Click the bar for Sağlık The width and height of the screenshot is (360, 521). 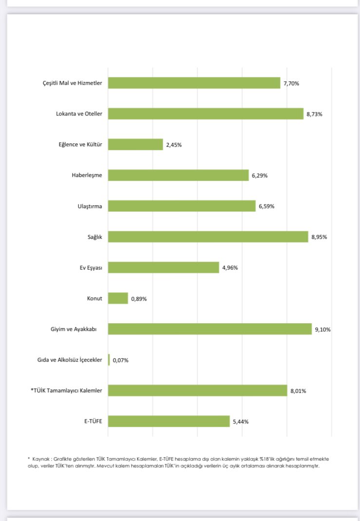coord(208,237)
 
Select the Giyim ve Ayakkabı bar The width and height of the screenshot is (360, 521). coord(209,329)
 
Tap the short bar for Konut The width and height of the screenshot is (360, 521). coord(118,298)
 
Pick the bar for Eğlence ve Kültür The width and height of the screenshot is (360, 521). coord(135,144)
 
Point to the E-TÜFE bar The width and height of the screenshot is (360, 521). coord(169,421)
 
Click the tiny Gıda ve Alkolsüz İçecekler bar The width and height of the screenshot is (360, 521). coord(109,360)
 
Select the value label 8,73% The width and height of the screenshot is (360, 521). coord(315,114)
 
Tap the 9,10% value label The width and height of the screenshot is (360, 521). coord(322,329)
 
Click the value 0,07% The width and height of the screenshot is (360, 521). coord(120,360)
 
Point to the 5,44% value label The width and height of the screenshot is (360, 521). coord(241,422)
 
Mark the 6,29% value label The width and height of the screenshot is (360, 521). coord(260,175)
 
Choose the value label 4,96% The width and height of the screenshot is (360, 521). coord(230,268)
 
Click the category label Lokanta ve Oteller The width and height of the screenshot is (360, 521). coord(79,114)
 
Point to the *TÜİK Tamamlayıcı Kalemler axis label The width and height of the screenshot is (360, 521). coord(66,390)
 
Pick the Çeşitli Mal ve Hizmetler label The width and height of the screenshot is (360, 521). coord(72,83)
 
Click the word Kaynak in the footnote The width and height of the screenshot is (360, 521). coord(42,459)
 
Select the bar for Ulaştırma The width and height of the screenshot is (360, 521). coord(182,206)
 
